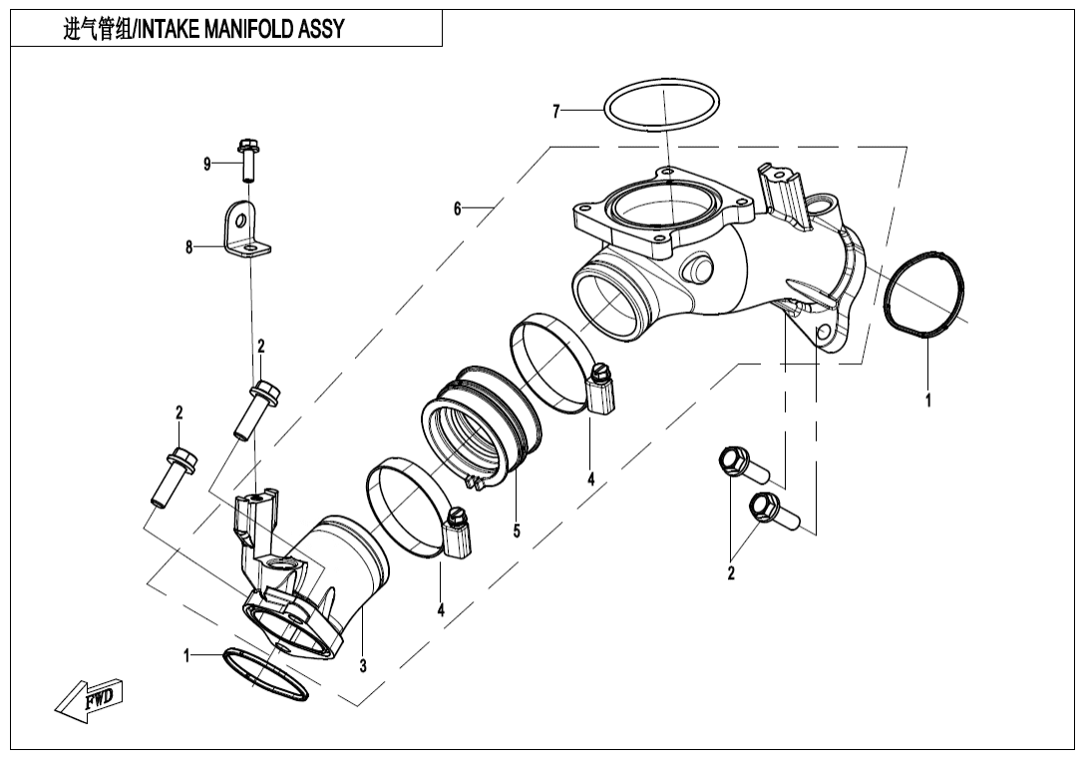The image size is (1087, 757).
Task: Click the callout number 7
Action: [x=556, y=112]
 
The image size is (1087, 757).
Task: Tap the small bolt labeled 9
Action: [x=247, y=160]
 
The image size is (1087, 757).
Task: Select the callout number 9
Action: [x=207, y=165]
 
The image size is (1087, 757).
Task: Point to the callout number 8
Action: [x=188, y=247]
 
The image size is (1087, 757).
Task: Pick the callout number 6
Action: [x=458, y=209]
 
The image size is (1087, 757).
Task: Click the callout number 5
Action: [x=517, y=531]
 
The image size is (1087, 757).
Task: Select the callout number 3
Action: [x=363, y=665]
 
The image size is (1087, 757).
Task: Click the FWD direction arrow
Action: [x=91, y=699]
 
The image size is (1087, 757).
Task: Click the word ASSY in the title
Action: [x=320, y=30]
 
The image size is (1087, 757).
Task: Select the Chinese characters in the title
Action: [x=94, y=30]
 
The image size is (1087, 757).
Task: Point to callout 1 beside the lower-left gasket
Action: [x=186, y=655]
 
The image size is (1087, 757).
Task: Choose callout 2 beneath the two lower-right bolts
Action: [x=731, y=573]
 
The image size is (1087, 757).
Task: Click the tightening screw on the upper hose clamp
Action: [x=601, y=375]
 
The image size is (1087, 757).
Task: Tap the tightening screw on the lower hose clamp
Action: [x=459, y=518]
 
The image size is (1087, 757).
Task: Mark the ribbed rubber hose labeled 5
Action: [x=480, y=424]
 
